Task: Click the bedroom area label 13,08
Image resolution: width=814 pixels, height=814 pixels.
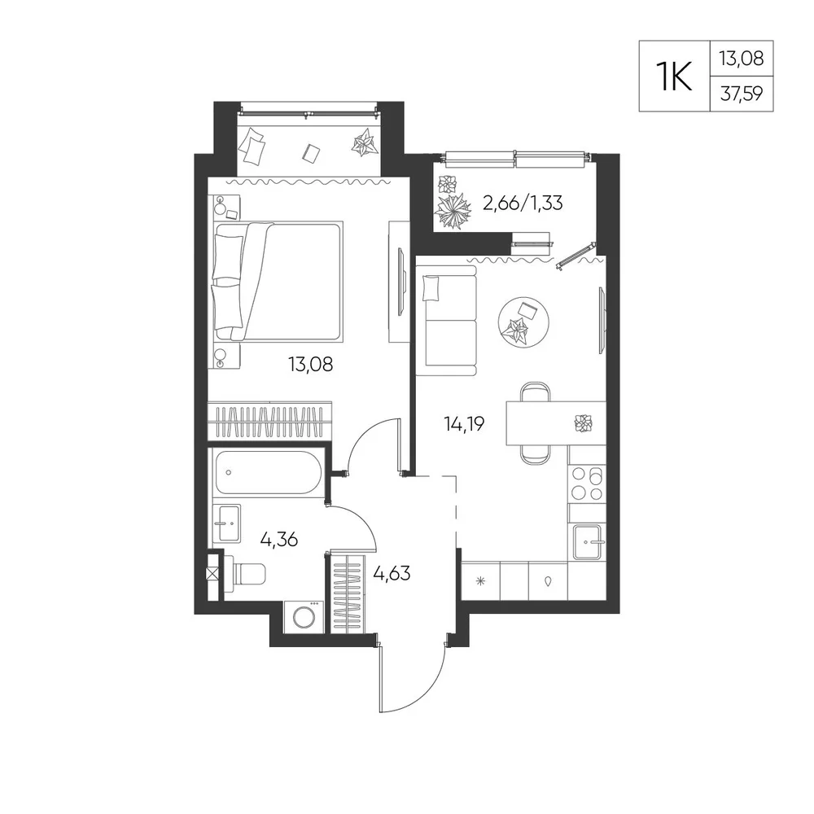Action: click(x=310, y=365)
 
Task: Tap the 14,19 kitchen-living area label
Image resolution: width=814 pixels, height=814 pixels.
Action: click(x=464, y=424)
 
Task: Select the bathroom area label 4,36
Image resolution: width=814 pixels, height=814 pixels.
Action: click(x=278, y=540)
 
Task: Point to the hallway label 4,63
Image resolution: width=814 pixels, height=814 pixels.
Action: click(x=392, y=574)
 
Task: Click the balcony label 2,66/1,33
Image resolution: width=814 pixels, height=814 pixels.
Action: click(x=523, y=203)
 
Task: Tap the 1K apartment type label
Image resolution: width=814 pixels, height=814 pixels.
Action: click(x=674, y=76)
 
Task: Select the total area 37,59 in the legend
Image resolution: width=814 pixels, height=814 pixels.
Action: click(x=742, y=94)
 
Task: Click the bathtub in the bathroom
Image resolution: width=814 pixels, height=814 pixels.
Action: click(x=267, y=472)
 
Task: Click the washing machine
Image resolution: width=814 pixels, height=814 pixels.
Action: click(x=303, y=617)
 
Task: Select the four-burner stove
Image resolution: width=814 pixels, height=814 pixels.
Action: click(x=587, y=483)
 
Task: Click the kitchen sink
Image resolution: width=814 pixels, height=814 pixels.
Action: click(x=587, y=541)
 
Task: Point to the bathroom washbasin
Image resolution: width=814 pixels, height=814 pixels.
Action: click(x=227, y=523)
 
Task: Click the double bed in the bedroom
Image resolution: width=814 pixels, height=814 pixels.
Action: click(x=278, y=282)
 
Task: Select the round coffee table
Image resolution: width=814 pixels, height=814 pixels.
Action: click(x=523, y=322)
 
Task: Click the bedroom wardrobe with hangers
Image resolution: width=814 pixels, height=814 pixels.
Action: click(x=269, y=420)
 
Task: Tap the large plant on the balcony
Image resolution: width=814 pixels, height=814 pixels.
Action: click(x=453, y=211)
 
